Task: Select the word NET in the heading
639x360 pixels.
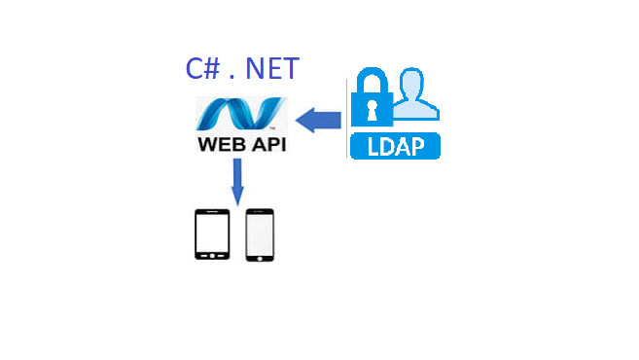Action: point(272,69)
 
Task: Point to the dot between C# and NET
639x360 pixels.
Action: point(231,77)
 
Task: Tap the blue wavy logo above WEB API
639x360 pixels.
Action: point(241,115)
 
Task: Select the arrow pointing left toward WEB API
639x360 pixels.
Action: point(317,121)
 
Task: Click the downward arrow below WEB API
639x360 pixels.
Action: point(236,182)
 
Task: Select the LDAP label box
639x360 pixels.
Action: point(394,146)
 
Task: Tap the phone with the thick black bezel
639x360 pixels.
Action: point(212,234)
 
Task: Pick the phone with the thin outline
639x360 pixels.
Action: point(260,234)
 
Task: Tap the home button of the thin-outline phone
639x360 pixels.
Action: point(260,257)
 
